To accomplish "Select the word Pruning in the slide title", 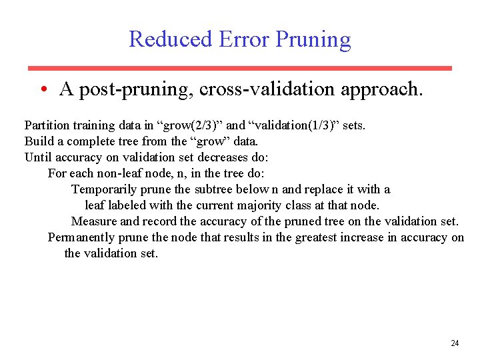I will coord(310,40).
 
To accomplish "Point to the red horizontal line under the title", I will coord(239,68).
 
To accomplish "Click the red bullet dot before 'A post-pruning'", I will coord(42,89).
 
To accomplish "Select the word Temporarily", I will coord(104,189).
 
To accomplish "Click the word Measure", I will coord(94,221).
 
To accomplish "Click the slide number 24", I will coord(455,343).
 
